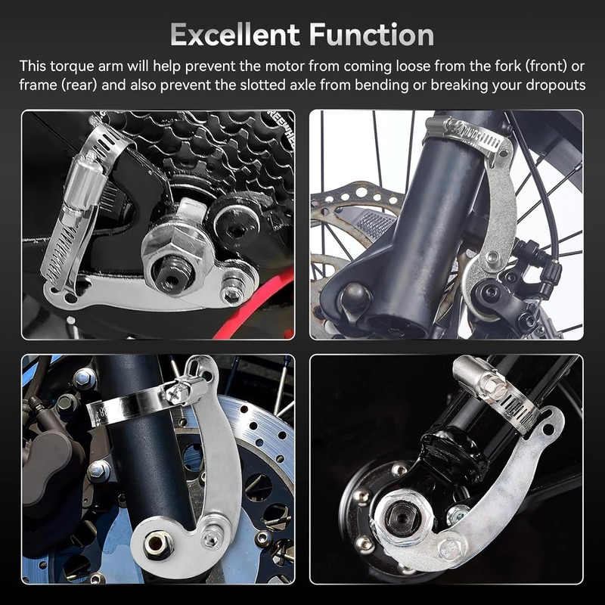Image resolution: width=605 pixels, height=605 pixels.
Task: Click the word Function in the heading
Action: point(373,35)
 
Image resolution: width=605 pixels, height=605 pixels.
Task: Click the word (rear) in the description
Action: point(78,85)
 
